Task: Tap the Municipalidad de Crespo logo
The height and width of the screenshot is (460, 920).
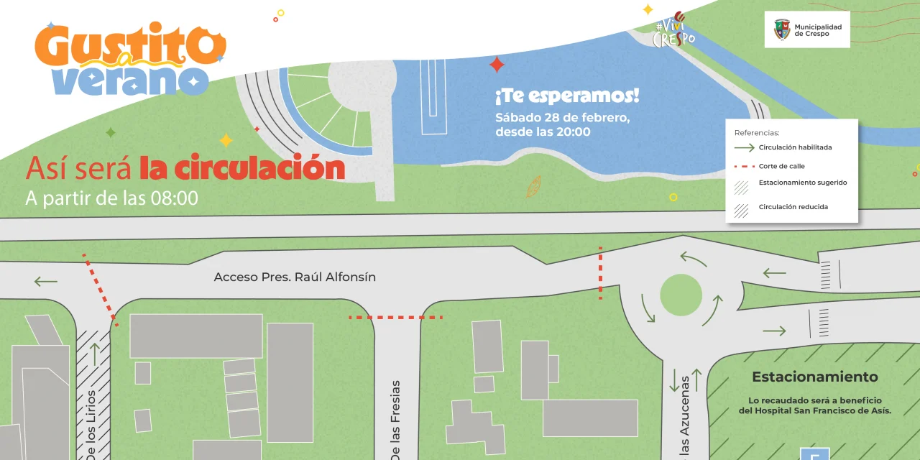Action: pyautogui.click(x=806, y=29)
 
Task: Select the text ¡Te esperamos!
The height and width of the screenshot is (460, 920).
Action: pyautogui.click(x=566, y=96)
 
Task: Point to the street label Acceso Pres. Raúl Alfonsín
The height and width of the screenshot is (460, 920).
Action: pyautogui.click(x=295, y=277)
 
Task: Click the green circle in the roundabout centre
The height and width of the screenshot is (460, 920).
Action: pyautogui.click(x=681, y=295)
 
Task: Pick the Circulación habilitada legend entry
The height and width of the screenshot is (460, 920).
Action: pyautogui.click(x=795, y=147)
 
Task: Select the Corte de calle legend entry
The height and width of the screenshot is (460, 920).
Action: pyautogui.click(x=781, y=166)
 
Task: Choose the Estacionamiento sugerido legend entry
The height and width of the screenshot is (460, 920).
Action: pyautogui.click(x=802, y=183)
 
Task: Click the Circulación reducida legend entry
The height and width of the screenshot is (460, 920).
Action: pyautogui.click(x=793, y=207)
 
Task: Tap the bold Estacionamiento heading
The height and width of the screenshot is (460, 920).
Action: pyautogui.click(x=814, y=377)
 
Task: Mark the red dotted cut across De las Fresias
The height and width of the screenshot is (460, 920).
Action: pyautogui.click(x=395, y=317)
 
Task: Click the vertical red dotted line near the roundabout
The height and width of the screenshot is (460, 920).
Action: pyautogui.click(x=601, y=272)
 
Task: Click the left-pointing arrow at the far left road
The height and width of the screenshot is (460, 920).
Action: pyautogui.click(x=45, y=281)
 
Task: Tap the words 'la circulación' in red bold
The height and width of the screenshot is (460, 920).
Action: pyautogui.click(x=242, y=168)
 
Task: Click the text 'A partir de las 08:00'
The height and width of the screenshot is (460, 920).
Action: pyautogui.click(x=111, y=198)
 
